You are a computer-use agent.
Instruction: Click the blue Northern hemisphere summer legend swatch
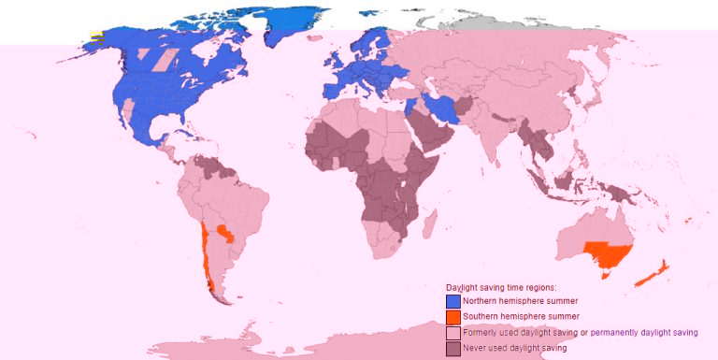point(453,301)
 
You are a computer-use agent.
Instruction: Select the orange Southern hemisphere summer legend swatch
point(453,317)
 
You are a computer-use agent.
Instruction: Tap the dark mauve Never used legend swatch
point(453,348)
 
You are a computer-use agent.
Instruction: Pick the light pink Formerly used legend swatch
point(453,333)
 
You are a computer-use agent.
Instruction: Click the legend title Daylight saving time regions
point(501,287)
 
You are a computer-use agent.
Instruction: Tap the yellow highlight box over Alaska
point(95,36)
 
